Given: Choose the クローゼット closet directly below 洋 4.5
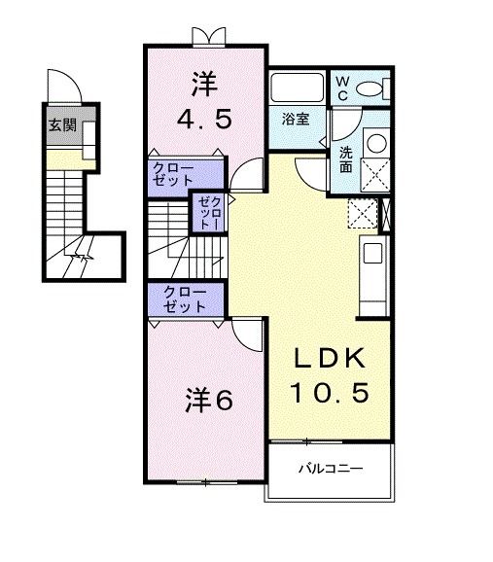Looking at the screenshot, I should [x=183, y=174].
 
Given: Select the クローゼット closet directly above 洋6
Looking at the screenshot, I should [x=184, y=298].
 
